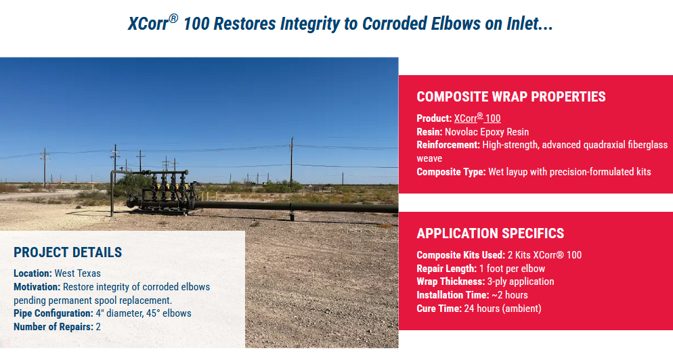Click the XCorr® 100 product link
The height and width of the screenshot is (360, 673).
tap(477, 118)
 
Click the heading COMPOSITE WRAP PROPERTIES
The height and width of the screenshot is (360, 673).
tap(511, 97)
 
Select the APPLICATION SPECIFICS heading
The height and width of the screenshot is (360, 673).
tap(490, 233)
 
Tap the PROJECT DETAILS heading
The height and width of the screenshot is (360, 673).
tap(68, 252)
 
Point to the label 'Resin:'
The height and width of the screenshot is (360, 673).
tap(429, 132)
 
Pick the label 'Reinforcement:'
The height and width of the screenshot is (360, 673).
tap(448, 145)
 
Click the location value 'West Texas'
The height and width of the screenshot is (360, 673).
tap(78, 273)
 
